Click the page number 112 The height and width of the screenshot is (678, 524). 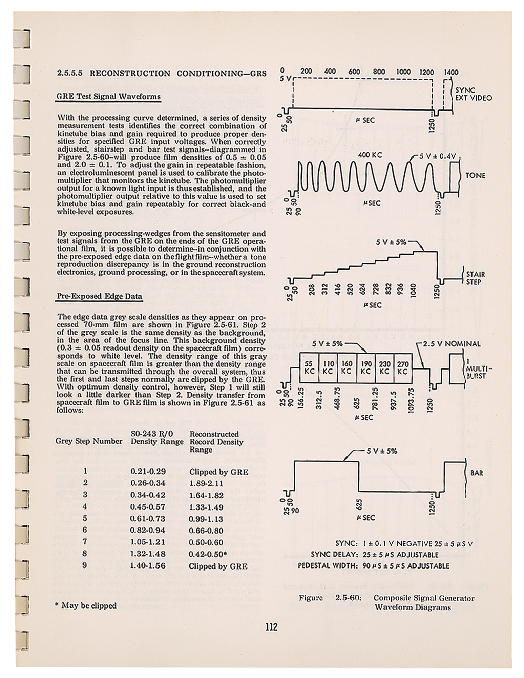coord(271,627)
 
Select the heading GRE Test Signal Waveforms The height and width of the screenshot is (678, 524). coord(108,97)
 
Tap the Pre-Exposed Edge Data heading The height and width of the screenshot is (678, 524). coord(99,296)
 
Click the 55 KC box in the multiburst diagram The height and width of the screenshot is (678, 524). coord(309,367)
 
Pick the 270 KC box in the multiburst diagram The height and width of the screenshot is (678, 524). coord(402,367)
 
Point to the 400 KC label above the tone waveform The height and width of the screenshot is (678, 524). coord(370,155)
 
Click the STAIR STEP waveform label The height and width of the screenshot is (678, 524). coord(475,278)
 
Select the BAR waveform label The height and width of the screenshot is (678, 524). coord(477,473)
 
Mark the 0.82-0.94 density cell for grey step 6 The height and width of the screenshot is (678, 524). coord(148,530)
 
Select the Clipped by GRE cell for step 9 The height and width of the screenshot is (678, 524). coord(218,566)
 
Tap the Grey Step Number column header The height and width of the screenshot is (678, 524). coord(89,441)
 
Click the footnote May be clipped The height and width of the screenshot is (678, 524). coord(86,605)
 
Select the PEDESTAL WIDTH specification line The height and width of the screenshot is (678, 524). coord(374,566)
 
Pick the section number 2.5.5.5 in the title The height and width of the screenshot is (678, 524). coord(70,73)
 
